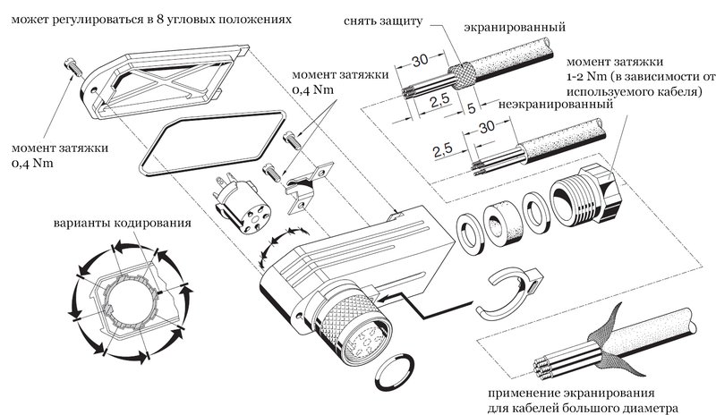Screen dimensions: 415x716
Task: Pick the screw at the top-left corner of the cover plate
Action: [72, 64]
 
